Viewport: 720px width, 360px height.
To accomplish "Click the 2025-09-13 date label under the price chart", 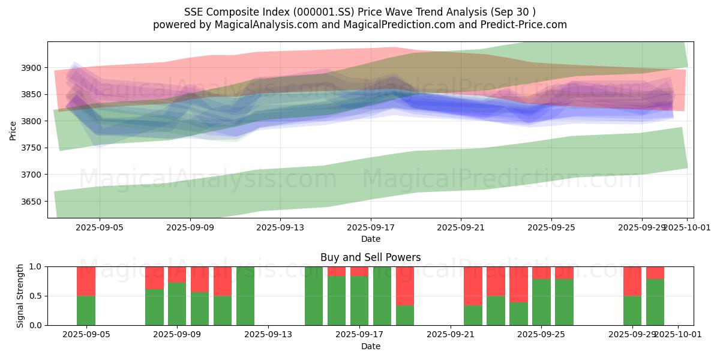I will click(280, 227).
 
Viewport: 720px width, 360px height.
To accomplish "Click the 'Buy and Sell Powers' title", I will click(370, 257).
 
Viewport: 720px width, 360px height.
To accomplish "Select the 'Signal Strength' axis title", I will click(20, 296).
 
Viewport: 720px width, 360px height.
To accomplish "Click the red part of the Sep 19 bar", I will click(405, 286).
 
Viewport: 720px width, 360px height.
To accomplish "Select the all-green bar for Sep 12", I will click(245, 296).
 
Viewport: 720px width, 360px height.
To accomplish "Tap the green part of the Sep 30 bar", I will click(655, 302).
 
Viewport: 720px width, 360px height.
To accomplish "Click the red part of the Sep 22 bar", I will click(473, 286).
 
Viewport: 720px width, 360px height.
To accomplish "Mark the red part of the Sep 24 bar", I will click(518, 284).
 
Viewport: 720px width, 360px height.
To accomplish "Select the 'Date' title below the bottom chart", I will click(370, 346).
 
